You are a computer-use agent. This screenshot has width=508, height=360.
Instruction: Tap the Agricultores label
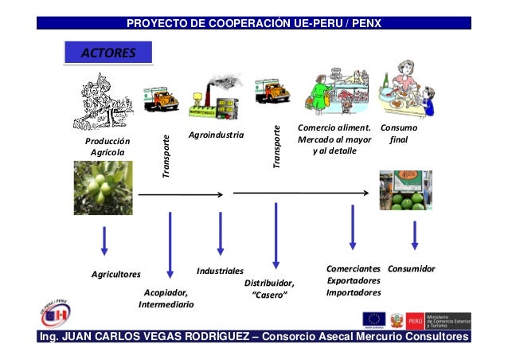pyautogui.click(x=115, y=274)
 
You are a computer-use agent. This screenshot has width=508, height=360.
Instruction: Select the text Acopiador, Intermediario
pyautogui.click(x=166, y=298)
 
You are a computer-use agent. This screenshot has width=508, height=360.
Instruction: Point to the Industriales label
pyautogui.click(x=220, y=272)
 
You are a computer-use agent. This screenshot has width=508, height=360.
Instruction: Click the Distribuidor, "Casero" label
pyautogui.click(x=269, y=289)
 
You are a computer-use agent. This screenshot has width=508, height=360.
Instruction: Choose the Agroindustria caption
pyautogui.click(x=216, y=135)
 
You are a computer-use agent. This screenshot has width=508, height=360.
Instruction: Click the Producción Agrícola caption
pyautogui.click(x=107, y=147)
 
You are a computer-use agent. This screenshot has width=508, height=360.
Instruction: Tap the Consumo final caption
pyautogui.click(x=400, y=134)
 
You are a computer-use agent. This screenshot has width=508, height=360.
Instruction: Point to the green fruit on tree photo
pyautogui.click(x=103, y=188)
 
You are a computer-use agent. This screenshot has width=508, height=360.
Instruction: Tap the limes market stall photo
pyautogui.click(x=405, y=190)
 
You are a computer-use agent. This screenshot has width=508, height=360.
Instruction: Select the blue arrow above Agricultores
pyautogui.click(x=104, y=241)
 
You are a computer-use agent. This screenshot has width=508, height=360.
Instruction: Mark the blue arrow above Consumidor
pyautogui.click(x=415, y=235)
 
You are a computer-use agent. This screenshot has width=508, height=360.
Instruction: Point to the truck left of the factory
pyautogui.click(x=160, y=98)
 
